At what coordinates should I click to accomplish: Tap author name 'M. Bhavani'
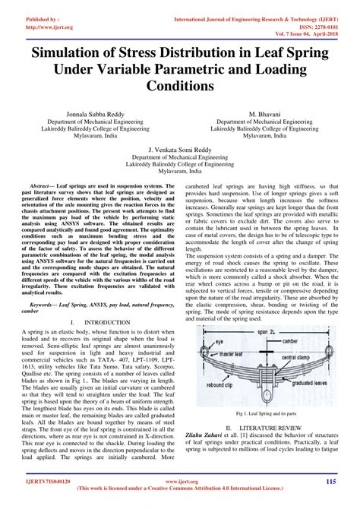(x=266, y=112)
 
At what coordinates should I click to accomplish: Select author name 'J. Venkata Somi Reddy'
(x=180, y=150)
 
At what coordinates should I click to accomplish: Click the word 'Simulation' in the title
(x=77, y=54)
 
